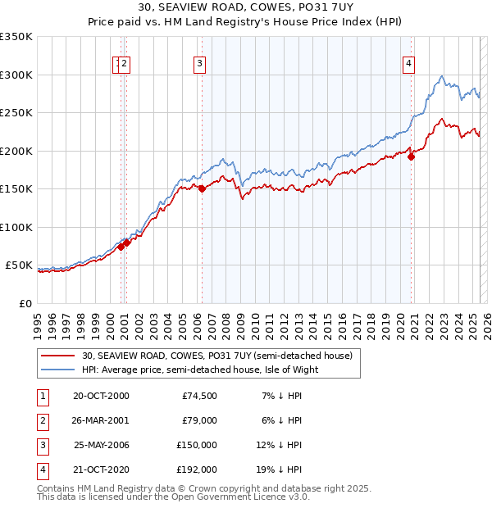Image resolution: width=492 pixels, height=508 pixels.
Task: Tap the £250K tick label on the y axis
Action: tap(16, 113)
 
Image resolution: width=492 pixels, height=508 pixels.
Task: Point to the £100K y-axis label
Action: tap(16, 227)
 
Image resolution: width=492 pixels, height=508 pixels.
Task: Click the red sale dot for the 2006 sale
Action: tap(202, 188)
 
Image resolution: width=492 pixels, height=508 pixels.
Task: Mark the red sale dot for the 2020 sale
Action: tap(412, 157)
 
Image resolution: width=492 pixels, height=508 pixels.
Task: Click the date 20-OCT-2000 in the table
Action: tap(101, 396)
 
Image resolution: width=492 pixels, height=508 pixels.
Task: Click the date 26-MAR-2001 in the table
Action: tap(101, 420)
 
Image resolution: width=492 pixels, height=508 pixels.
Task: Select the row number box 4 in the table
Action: tap(41, 469)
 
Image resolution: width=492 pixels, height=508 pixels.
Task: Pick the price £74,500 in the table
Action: tap(199, 396)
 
